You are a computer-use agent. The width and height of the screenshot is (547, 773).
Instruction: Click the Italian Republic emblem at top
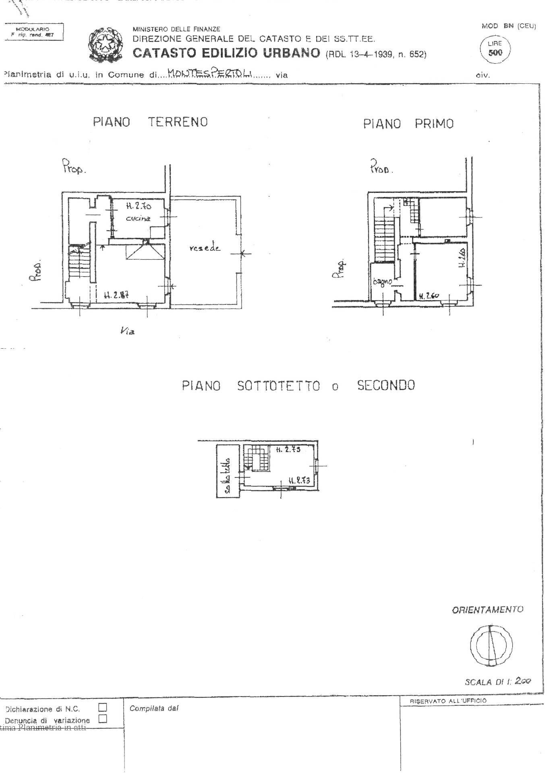pos(102,43)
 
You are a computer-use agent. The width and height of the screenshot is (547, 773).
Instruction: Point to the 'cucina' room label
pos(138,219)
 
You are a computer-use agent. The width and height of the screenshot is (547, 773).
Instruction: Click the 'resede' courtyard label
pos(205,248)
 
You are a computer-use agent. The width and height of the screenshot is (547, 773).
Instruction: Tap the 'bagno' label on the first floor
pos(382,282)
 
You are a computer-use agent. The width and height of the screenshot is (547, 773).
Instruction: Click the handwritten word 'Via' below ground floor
pos(127,331)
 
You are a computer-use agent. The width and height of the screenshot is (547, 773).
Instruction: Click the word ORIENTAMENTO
pos(487,610)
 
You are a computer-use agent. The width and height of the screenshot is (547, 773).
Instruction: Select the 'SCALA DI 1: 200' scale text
pos(498,682)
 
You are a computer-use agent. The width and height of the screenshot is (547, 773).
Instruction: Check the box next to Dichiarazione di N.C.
pos(103,707)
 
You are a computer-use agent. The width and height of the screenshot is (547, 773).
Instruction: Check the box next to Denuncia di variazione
pos(103,718)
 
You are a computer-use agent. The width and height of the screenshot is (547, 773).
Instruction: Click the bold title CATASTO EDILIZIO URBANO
pos(226,53)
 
